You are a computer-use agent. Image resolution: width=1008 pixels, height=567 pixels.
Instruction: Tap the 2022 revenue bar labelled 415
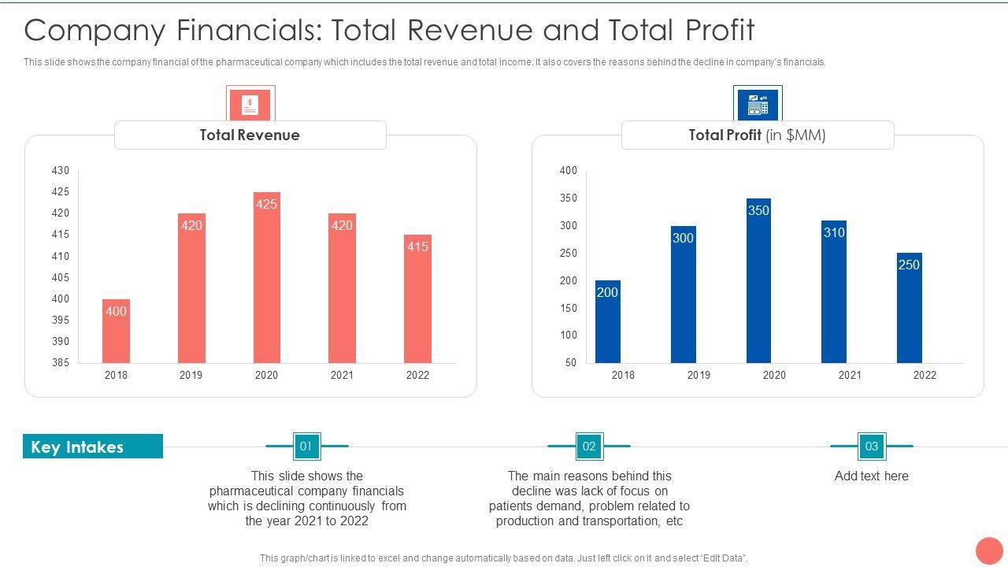click(x=417, y=298)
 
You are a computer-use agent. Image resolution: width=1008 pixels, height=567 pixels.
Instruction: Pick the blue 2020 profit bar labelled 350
click(x=758, y=280)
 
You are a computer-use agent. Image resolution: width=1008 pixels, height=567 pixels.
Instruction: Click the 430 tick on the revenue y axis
click(x=61, y=170)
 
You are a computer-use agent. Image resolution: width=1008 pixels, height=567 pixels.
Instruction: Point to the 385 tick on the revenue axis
click(x=61, y=363)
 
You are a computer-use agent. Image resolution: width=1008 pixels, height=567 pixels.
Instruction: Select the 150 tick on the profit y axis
click(x=569, y=308)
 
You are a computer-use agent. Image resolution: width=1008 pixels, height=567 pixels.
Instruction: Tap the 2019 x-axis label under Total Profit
click(x=699, y=375)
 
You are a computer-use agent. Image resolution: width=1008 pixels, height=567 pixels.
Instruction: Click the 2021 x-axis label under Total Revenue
click(x=342, y=375)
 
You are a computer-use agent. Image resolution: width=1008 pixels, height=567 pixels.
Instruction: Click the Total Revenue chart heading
click(x=250, y=135)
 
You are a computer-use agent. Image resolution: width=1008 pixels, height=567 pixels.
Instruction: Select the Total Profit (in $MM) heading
click(x=757, y=135)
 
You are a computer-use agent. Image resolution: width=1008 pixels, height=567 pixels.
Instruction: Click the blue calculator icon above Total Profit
click(x=758, y=105)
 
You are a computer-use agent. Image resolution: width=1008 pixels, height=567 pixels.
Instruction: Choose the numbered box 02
click(x=589, y=447)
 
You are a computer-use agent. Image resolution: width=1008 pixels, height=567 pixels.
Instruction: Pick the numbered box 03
click(x=871, y=447)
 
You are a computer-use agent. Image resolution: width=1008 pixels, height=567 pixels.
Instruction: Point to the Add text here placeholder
click(x=871, y=476)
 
